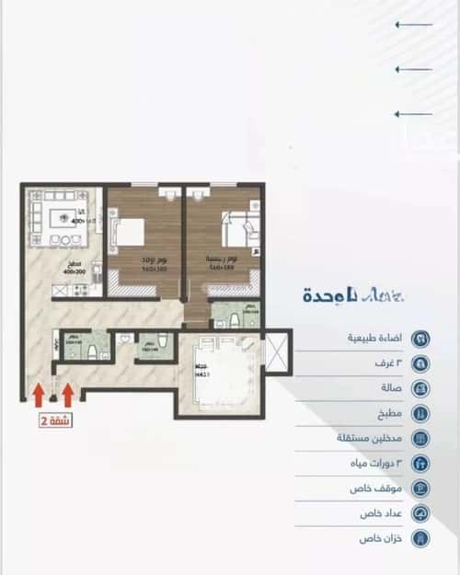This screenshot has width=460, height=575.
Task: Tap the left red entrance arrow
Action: pos(38,395)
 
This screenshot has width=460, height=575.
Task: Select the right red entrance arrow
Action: pos(68,395)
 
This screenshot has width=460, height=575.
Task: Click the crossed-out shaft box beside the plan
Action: pos(275,351)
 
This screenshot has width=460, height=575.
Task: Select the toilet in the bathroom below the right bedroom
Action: pos(236,319)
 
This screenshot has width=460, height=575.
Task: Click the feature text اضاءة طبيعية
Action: pos(374,338)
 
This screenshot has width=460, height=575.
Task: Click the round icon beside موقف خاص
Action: pos(420,489)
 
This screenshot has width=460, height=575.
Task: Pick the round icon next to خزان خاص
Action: pos(420,538)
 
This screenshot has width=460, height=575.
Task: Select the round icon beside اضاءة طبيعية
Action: pos(420,338)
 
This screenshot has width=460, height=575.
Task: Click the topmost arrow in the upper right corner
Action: pos(413,25)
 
